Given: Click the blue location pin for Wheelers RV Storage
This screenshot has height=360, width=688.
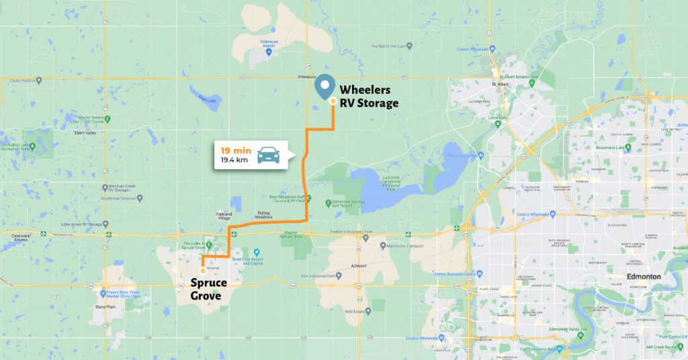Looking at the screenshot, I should click(x=326, y=86).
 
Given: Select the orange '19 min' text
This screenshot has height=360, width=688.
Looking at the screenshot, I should click(x=230, y=150).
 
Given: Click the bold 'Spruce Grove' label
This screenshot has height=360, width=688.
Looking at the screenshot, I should click(x=209, y=289).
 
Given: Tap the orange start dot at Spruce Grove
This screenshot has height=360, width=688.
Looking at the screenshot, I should click(x=204, y=271).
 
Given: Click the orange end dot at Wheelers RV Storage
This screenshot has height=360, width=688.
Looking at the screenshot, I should click(x=333, y=101).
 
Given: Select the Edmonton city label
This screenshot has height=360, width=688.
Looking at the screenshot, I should click(x=643, y=277).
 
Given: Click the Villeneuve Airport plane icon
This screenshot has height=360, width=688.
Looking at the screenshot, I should click(x=269, y=52).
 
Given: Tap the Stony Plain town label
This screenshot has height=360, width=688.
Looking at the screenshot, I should click(x=105, y=306).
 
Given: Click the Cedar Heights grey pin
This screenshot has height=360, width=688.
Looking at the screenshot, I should click(x=39, y=80).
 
